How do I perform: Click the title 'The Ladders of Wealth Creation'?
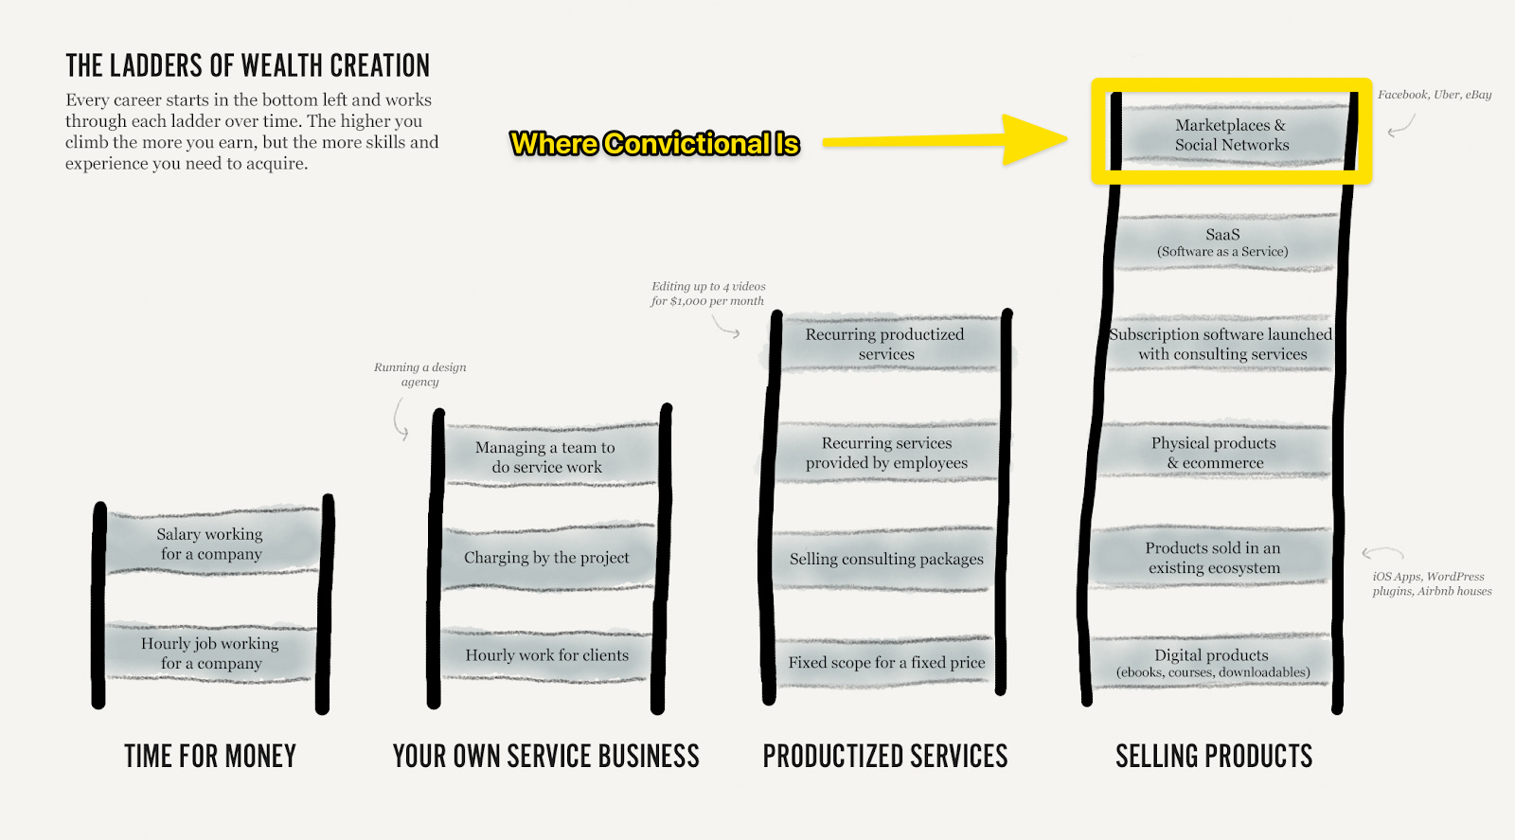pyautogui.click(x=247, y=65)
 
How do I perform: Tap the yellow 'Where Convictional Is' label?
pyautogui.click(x=654, y=144)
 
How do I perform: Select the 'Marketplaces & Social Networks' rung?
pyautogui.click(x=1231, y=134)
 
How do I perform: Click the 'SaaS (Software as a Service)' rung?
pyautogui.click(x=1221, y=242)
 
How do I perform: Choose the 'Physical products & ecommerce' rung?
pyautogui.click(x=1214, y=453)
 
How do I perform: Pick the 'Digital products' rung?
pyautogui.click(x=1212, y=663)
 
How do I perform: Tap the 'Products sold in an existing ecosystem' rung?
pyautogui.click(x=1213, y=558)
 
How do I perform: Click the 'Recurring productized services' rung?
pyautogui.click(x=885, y=344)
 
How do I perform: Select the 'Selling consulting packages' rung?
pyautogui.click(x=886, y=559)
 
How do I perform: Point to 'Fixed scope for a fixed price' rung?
pyautogui.click(x=886, y=663)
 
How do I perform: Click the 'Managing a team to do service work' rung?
pyautogui.click(x=546, y=456)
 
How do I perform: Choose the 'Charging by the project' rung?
pyautogui.click(x=546, y=558)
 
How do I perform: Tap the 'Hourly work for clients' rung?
pyautogui.click(x=546, y=655)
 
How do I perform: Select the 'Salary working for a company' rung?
pyautogui.click(x=210, y=544)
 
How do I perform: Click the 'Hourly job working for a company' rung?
pyautogui.click(x=210, y=652)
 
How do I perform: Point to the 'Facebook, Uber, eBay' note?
pyautogui.click(x=1434, y=95)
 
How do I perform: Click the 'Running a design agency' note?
pyautogui.click(x=419, y=374)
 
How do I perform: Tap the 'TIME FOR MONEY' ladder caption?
pyautogui.click(x=210, y=756)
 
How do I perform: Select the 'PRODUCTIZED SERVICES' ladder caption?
pyautogui.click(x=885, y=756)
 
